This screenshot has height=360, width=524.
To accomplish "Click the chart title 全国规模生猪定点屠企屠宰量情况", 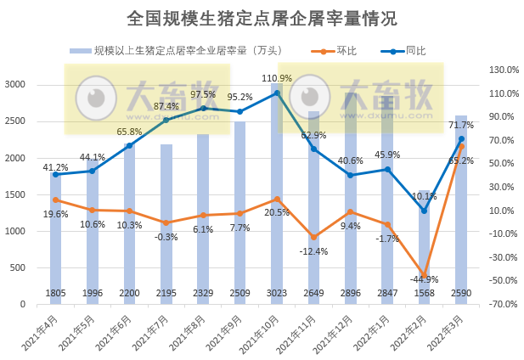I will tap(262, 18).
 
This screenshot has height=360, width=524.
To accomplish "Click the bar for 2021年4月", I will tap(55, 238).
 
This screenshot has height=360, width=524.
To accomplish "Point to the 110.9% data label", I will tap(277, 79).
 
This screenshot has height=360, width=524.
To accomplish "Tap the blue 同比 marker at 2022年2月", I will tap(424, 211).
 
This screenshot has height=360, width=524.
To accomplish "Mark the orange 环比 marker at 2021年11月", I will tap(313, 237).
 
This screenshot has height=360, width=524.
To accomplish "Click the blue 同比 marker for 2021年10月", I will tap(277, 93).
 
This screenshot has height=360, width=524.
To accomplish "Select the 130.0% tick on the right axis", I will tap(497, 70).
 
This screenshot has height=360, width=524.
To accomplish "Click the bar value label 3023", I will tap(277, 294).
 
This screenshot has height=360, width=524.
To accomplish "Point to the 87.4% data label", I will tap(166, 106).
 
